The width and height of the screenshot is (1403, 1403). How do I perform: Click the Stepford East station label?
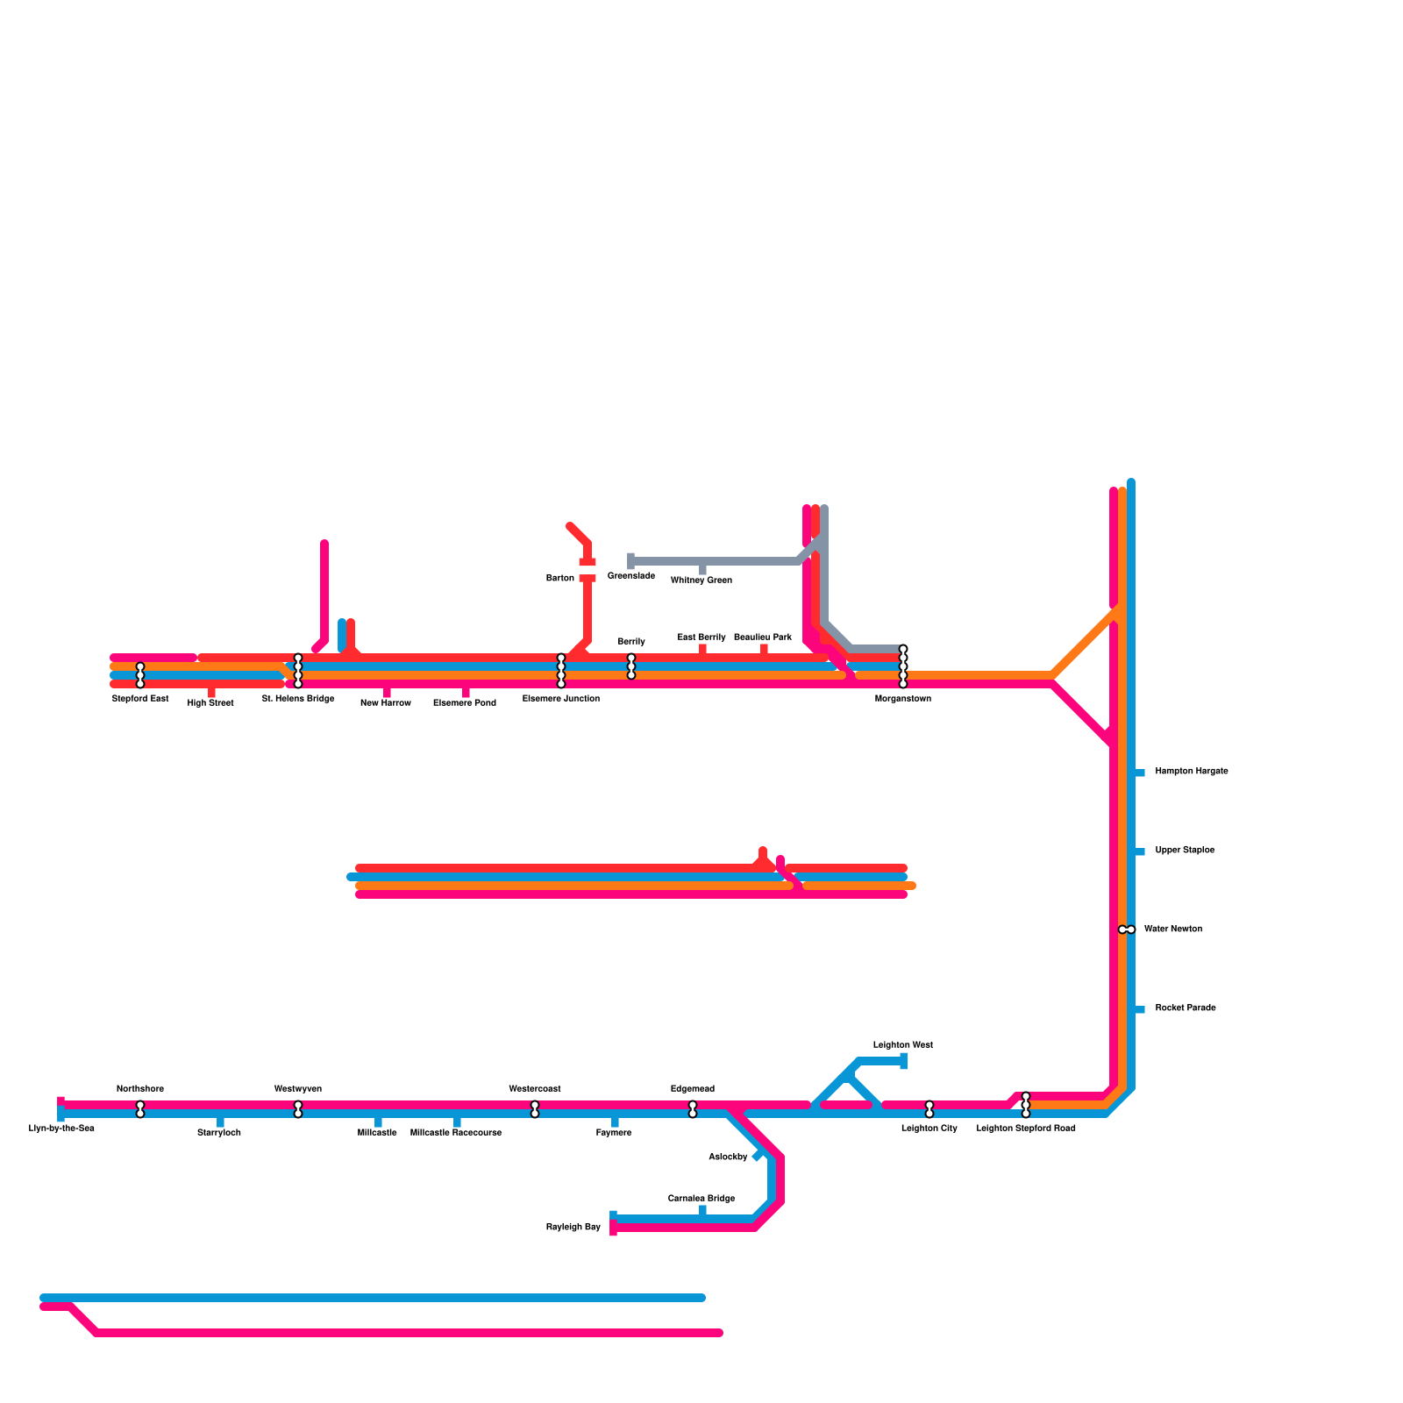[x=140, y=699]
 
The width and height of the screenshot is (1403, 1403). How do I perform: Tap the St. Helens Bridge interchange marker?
[x=298, y=671]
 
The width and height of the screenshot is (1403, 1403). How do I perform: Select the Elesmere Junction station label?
[x=561, y=699]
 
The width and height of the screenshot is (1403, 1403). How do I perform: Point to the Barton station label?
[x=560, y=579]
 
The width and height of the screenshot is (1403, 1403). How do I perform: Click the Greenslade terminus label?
[x=631, y=576]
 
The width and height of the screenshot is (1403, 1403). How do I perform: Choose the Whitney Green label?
[x=701, y=580]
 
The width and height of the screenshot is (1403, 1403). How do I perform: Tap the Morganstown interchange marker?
[x=903, y=666]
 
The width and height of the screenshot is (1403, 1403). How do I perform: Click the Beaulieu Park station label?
[x=763, y=637]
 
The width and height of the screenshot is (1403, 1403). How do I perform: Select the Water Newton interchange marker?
[x=1127, y=929]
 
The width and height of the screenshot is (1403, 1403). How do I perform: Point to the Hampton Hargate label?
[x=1192, y=772]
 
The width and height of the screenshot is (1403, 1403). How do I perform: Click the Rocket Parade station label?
[x=1186, y=1008]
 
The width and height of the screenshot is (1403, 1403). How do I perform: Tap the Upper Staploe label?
[x=1185, y=851]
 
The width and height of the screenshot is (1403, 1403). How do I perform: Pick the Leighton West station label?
[x=903, y=1045]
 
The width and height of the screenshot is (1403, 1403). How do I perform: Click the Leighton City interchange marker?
[x=929, y=1109]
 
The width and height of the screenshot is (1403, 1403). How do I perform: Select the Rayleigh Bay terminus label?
[x=573, y=1228]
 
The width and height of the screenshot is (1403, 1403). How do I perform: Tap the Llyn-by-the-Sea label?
[x=61, y=1129]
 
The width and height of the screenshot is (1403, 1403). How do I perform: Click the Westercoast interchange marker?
[x=535, y=1109]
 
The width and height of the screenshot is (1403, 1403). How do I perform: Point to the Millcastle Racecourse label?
[x=456, y=1133]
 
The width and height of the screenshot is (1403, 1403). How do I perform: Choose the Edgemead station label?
[x=693, y=1089]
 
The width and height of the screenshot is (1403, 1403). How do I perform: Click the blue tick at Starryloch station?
[x=220, y=1122]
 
